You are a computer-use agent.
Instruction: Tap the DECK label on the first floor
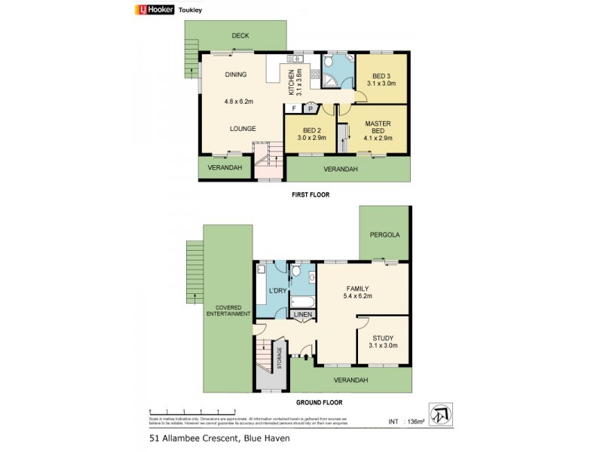[x=240, y=35]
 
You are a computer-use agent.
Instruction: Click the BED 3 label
[x=381, y=75]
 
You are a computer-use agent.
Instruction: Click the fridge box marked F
[x=294, y=108]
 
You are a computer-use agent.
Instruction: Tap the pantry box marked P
[x=309, y=108]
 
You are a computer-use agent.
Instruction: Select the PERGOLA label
[x=384, y=234]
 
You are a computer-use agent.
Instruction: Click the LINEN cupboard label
[x=303, y=314]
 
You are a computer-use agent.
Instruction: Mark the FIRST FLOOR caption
[x=311, y=194]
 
